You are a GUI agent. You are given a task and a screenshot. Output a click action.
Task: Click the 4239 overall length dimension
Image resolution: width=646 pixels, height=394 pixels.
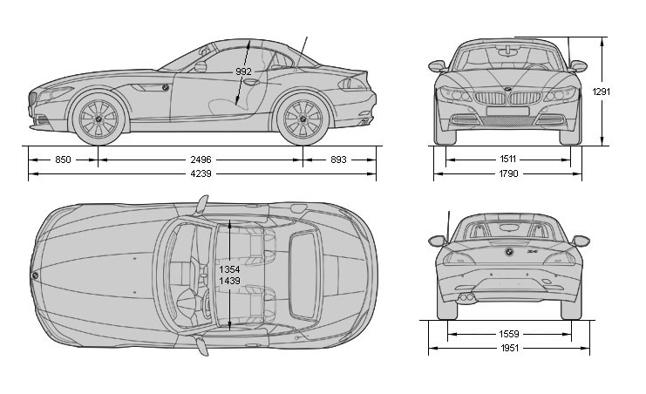[201, 173]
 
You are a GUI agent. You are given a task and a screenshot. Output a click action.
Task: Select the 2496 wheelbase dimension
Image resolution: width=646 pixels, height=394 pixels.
[201, 160]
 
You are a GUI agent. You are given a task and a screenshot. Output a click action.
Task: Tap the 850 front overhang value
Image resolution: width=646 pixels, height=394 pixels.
[62, 160]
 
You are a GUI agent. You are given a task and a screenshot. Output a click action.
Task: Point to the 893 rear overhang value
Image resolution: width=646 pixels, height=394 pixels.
[338, 160]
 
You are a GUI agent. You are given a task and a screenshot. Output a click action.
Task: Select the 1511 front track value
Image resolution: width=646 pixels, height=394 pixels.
[507, 160]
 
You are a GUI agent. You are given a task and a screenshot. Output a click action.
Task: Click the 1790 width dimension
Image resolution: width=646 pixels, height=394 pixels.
[507, 173]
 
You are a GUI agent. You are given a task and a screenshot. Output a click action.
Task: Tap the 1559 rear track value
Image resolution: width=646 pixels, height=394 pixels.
[509, 334]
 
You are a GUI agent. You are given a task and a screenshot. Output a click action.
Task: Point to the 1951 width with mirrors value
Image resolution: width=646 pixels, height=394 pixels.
[509, 349]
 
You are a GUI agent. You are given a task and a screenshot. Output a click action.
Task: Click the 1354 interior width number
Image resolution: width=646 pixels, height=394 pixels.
[229, 269]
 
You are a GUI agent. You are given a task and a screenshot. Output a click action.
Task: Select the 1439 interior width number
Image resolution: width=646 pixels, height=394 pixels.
[229, 281]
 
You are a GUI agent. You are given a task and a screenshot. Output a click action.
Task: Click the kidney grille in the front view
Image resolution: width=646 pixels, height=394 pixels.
[507, 101]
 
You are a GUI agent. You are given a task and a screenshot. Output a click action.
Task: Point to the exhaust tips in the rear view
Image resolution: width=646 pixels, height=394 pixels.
[468, 298]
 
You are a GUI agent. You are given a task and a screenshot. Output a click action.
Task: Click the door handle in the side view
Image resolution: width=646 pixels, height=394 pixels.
[252, 82]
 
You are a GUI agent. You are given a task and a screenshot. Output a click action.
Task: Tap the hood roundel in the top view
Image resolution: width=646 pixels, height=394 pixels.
[35, 275]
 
